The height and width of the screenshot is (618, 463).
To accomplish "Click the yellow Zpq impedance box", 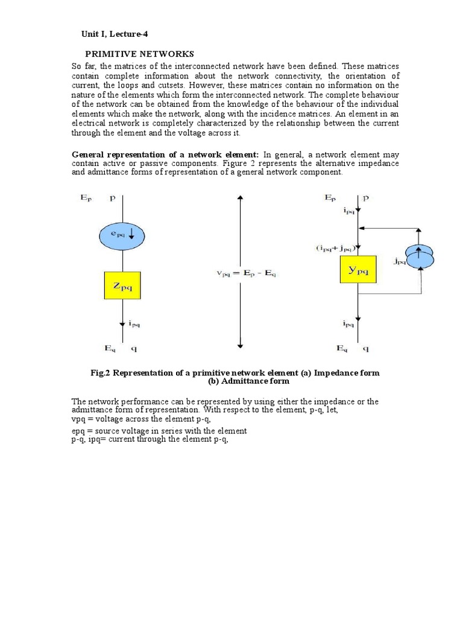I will [x=122, y=285].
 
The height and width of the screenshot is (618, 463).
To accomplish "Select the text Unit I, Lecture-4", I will [x=114, y=34].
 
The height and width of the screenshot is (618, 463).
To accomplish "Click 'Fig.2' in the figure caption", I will [x=101, y=372].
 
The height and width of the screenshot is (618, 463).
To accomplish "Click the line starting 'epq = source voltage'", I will [x=159, y=430].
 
